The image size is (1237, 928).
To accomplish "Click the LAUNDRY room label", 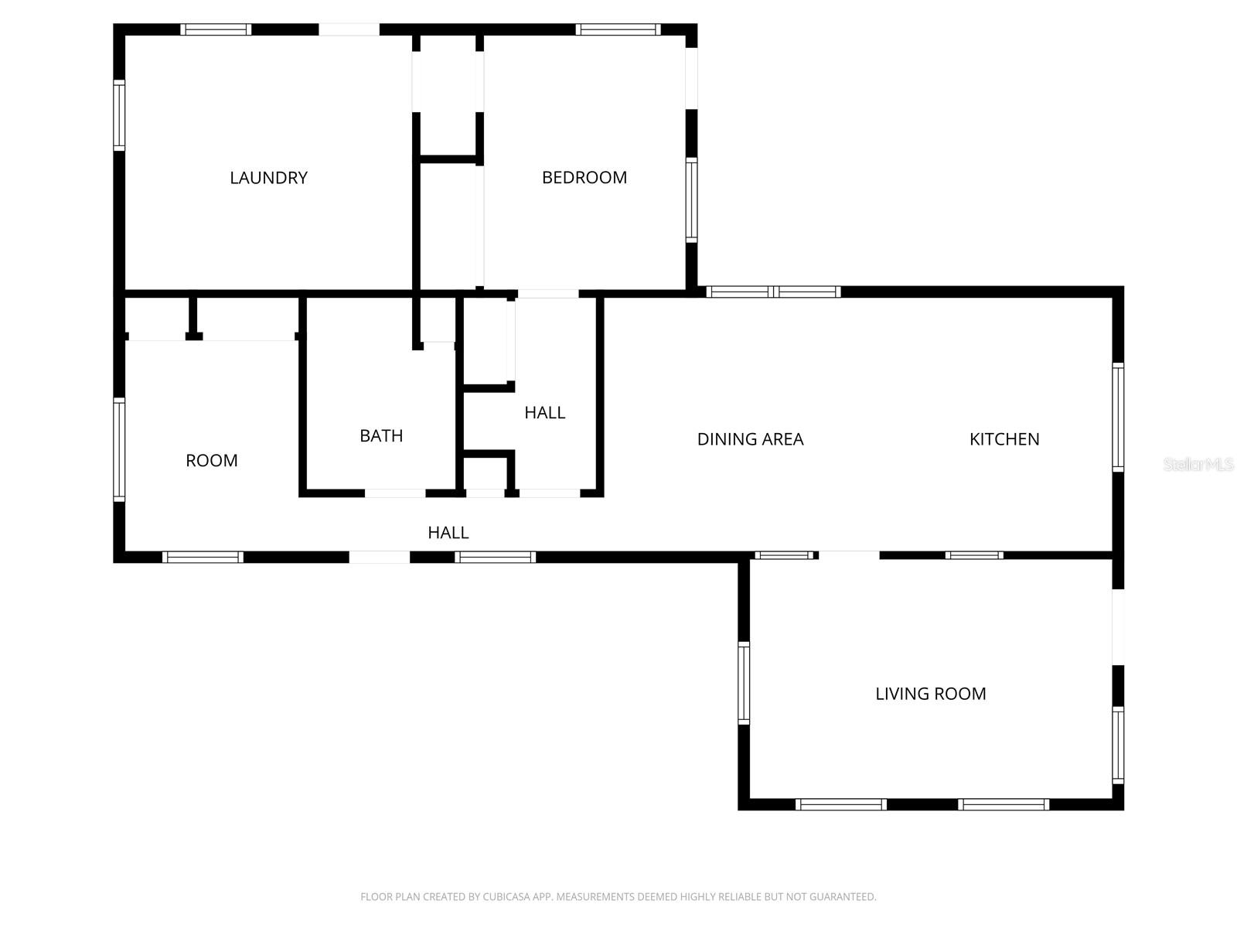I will (x=268, y=178).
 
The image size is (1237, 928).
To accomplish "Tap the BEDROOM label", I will (x=584, y=178).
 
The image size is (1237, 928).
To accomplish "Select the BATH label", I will (x=381, y=436).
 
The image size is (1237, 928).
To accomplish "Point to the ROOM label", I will (x=211, y=461).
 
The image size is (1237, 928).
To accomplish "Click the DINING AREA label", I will (x=750, y=439).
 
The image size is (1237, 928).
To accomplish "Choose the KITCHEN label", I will (x=1004, y=439).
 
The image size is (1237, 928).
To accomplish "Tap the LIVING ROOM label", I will (x=930, y=694).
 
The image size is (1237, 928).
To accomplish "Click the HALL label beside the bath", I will (x=544, y=413).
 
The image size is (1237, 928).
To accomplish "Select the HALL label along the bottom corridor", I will (x=448, y=533).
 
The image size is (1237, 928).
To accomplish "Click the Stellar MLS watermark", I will (x=1198, y=465).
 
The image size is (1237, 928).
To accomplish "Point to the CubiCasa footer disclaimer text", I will (x=618, y=897).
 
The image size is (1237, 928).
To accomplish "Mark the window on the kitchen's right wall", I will (x=1118, y=418).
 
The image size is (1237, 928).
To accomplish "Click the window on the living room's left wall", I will (x=744, y=683).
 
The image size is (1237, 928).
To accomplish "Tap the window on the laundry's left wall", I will (x=119, y=115).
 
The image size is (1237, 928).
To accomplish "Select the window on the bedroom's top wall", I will (x=618, y=30).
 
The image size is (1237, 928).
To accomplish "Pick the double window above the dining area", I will (x=774, y=292).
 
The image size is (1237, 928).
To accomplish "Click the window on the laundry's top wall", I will (x=216, y=30).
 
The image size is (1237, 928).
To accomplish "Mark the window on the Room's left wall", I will (x=119, y=449).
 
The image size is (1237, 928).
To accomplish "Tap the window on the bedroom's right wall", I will (x=691, y=200).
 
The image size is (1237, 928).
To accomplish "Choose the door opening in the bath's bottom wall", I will (x=394, y=493).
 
